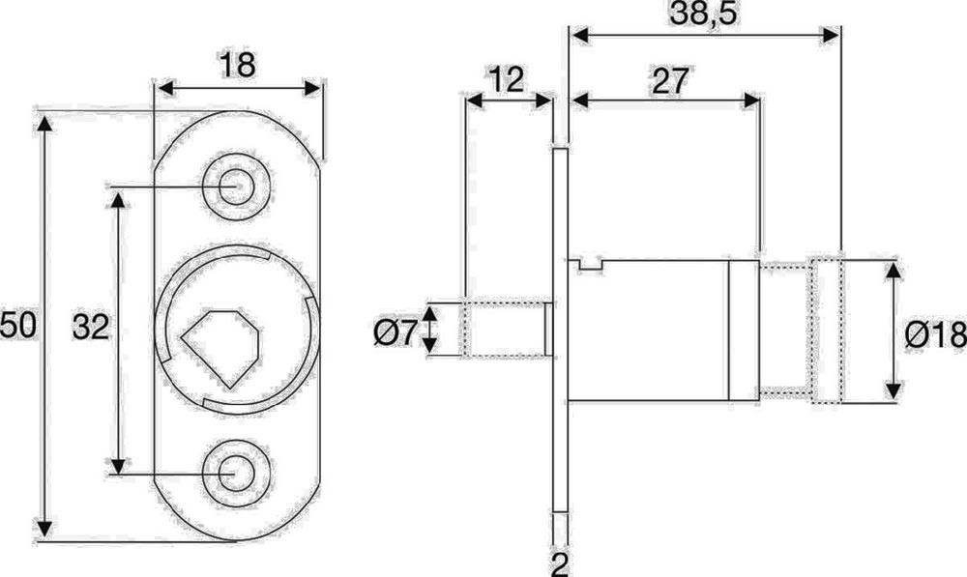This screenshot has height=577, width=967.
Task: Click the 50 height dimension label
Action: pos(18,326)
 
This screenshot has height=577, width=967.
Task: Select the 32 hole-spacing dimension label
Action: pos(91,328)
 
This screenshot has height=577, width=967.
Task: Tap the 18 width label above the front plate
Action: pos(237,65)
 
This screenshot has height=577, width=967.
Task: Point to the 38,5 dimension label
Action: pos(703,14)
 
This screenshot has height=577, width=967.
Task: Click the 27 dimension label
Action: pos(670,81)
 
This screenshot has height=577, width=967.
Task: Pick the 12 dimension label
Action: pos(507,79)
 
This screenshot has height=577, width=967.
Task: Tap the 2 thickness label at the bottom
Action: pos(559,563)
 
